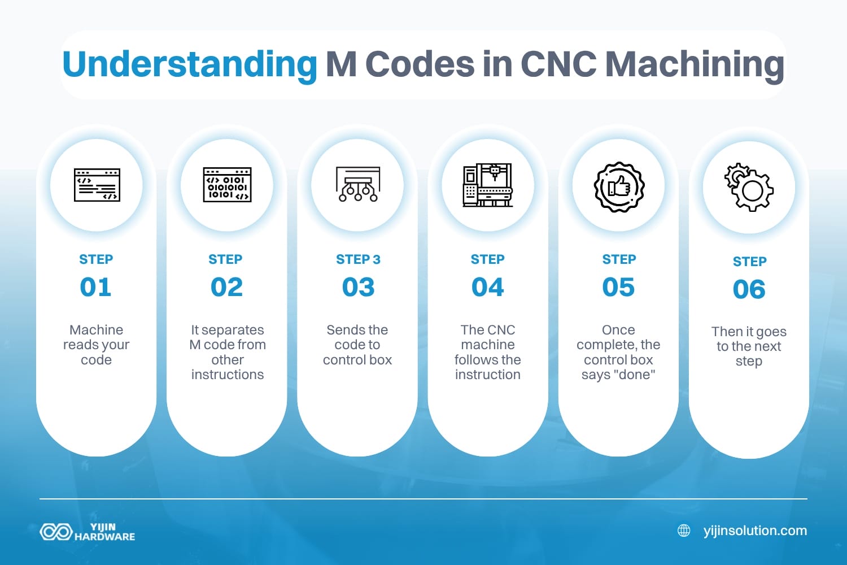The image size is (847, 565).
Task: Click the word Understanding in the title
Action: coord(190,64)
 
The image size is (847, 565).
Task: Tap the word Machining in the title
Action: coord(695,64)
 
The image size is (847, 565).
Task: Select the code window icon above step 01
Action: coord(97,185)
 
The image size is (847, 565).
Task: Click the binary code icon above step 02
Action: coord(227,185)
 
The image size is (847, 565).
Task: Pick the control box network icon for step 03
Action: coord(357,185)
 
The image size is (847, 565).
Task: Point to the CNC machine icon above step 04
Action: coord(488,185)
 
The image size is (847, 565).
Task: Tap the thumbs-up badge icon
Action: coord(619,186)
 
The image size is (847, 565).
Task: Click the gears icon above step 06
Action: coord(749,188)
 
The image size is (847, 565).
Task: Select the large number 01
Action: coord(96,287)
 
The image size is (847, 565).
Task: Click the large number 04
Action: coord(488,287)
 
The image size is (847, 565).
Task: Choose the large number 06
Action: coord(749,290)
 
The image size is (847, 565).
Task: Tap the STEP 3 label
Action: coord(358,259)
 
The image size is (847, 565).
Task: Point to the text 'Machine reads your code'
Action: coord(97,345)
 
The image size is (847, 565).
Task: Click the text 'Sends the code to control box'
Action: coord(357,345)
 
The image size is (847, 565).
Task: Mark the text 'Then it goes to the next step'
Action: coord(749,346)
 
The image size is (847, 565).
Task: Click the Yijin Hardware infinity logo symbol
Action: coord(56,532)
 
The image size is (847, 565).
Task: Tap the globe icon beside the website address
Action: coord(684,531)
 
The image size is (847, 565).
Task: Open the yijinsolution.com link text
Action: coord(755,531)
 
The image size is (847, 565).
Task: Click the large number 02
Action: coord(227,287)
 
